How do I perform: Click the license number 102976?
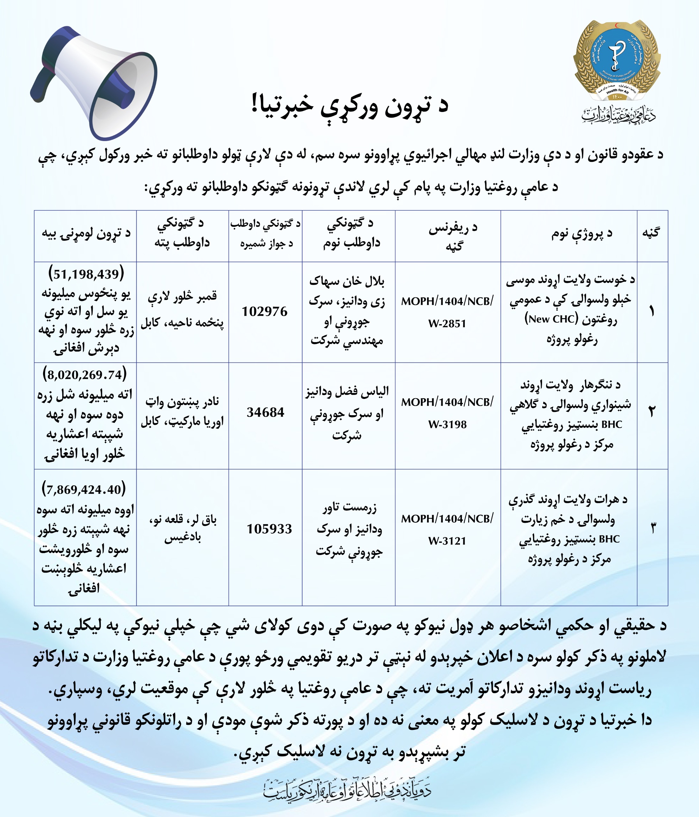pyautogui.click(x=265, y=311)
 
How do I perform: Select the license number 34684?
pyautogui.click(x=265, y=412)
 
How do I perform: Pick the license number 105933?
pyautogui.click(x=269, y=529)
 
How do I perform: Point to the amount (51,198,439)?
pyautogui.click(x=86, y=274)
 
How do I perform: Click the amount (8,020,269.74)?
pyautogui.click(x=85, y=374)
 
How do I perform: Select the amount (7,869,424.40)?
pyautogui.click(x=84, y=489)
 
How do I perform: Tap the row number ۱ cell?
pyautogui.click(x=652, y=311)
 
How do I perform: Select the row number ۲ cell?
pyautogui.click(x=652, y=412)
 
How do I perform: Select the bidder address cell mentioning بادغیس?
pyautogui.click(x=183, y=528)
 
